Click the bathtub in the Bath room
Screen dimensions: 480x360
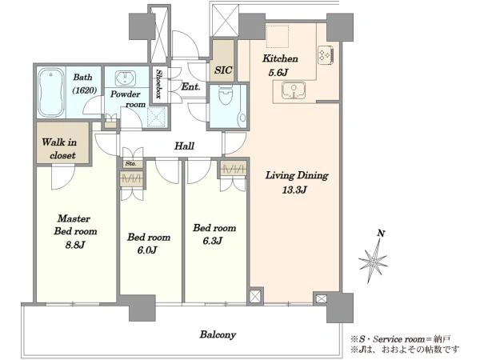pyautogui.click(x=51, y=92)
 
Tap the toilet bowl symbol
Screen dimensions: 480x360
pyautogui.click(x=226, y=95)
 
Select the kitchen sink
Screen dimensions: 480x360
pyautogui.click(x=294, y=90)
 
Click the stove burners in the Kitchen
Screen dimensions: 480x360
pyautogui.click(x=326, y=55)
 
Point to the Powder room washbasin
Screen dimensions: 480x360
pyautogui.click(x=126, y=78)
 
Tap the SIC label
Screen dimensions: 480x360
pyautogui.click(x=223, y=70)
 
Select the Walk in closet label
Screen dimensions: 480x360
pyautogui.click(x=59, y=149)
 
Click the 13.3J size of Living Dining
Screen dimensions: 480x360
pyautogui.click(x=294, y=190)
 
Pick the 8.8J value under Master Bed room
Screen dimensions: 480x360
pyautogui.click(x=75, y=245)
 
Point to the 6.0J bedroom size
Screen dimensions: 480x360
pyautogui.click(x=147, y=250)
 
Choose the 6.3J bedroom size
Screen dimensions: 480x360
pyautogui.click(x=212, y=241)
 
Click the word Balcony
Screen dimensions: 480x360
pyautogui.click(x=218, y=334)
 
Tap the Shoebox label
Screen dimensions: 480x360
pyautogui.click(x=158, y=84)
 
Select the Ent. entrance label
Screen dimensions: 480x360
pyautogui.click(x=190, y=86)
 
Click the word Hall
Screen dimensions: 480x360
pyautogui.click(x=184, y=146)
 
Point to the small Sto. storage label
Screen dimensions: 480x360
pyautogui.click(x=130, y=164)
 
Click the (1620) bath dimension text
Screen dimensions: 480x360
pyautogui.click(x=85, y=90)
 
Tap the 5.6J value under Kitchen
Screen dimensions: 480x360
pyautogui.click(x=278, y=73)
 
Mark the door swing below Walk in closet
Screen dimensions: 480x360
pyautogui.click(x=63, y=177)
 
